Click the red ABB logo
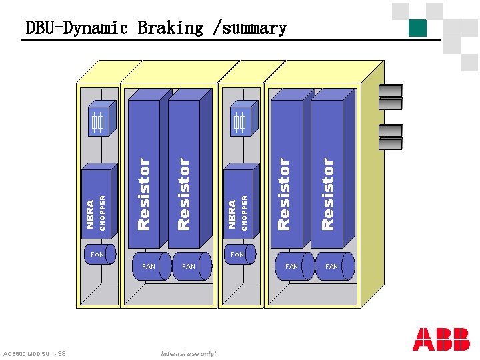tap(441, 339)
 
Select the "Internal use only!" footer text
tap(189, 353)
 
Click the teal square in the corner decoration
tap(417, 27)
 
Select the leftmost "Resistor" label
tap(143, 193)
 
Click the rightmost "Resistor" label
tap(327, 193)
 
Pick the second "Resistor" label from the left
tap(184, 193)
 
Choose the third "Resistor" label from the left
tap(284, 193)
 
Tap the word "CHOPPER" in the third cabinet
tap(245, 212)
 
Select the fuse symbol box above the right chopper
tap(239, 123)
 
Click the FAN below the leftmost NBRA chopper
tap(99, 254)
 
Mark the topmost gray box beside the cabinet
tap(391, 91)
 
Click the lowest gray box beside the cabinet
tap(391, 144)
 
